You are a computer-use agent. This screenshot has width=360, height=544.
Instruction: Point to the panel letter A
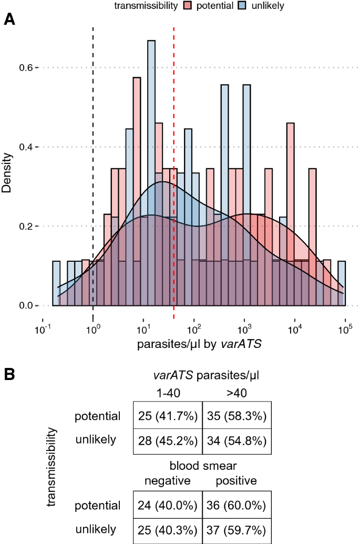click(9, 20)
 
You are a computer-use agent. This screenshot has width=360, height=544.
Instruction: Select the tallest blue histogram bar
click(151, 105)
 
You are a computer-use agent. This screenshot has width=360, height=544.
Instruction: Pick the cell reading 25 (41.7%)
click(168, 416)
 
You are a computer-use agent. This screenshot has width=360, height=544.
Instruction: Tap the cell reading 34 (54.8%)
click(236, 440)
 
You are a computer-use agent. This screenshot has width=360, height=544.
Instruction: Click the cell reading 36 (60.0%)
click(236, 506)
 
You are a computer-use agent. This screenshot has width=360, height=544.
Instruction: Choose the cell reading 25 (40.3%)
click(168, 529)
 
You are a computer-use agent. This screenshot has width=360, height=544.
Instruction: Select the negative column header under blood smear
click(166, 480)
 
